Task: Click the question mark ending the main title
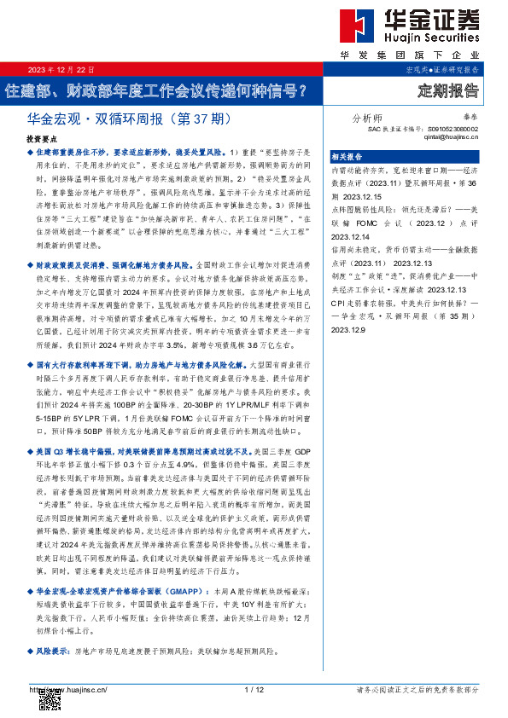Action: tap(298, 89)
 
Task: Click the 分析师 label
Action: tap(367, 119)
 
